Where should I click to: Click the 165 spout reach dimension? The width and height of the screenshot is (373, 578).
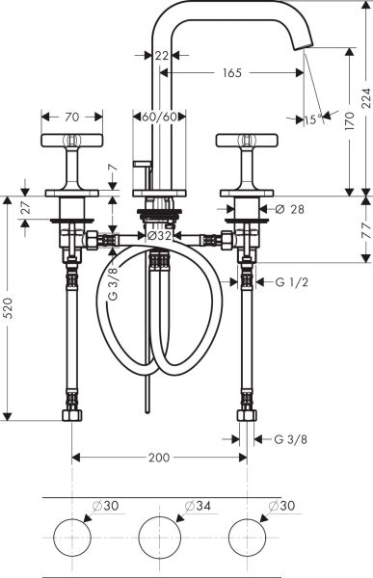231,73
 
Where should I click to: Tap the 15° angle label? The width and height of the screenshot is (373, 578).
312,121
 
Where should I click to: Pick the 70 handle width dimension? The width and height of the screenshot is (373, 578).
72,118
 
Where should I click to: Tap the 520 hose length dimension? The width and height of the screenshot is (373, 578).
9,307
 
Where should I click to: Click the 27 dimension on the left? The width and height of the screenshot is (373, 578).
25,207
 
